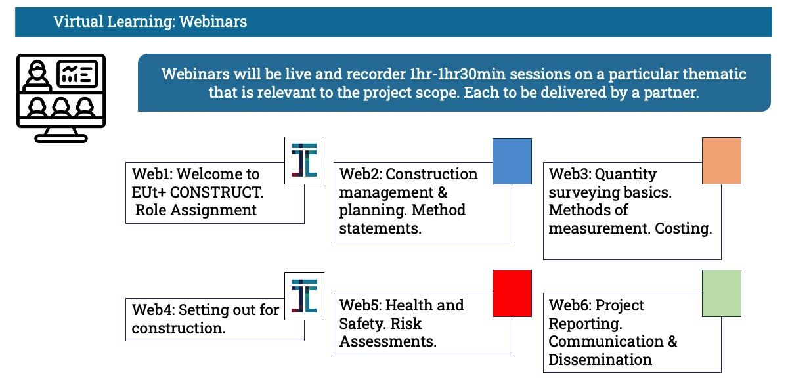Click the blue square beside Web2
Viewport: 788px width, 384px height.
pyautogui.click(x=512, y=161)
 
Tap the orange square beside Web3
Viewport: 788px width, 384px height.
pyautogui.click(x=722, y=161)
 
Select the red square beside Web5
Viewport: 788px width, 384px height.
pyautogui.click(x=512, y=293)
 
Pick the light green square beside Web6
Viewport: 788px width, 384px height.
pyautogui.click(x=722, y=293)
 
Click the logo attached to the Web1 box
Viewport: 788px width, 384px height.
pyautogui.click(x=304, y=160)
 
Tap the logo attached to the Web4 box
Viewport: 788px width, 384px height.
pyautogui.click(x=304, y=296)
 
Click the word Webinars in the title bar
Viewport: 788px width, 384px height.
pyautogui.click(x=213, y=22)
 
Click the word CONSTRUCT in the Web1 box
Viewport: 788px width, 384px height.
pyautogui.click(x=215, y=192)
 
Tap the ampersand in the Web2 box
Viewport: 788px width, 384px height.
pyautogui.click(x=442, y=192)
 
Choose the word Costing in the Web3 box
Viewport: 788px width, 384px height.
pyautogui.click(x=683, y=228)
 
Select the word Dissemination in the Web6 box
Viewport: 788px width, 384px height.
pyautogui.click(x=600, y=360)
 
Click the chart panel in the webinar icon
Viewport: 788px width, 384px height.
pyautogui.click(x=77, y=74)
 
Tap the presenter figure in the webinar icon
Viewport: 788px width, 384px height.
pyautogui.click(x=37, y=76)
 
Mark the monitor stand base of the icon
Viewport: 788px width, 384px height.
pyautogui.click(x=61, y=139)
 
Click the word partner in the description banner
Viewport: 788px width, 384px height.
pyautogui.click(x=670, y=93)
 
